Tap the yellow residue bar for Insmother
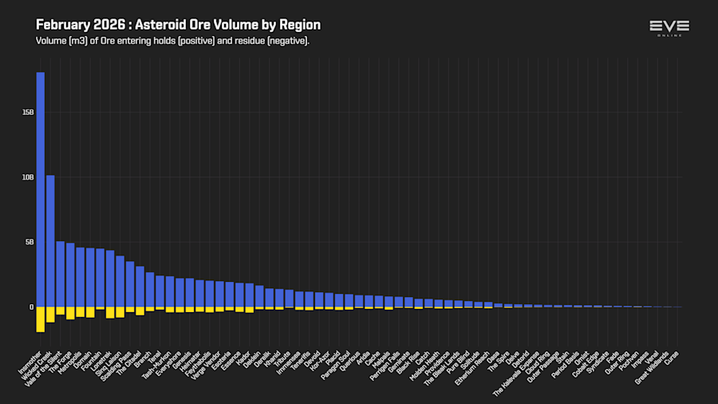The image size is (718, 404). tap(40, 319)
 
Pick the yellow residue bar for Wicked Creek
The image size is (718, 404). tap(50, 315)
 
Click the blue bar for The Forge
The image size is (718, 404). tap(70, 275)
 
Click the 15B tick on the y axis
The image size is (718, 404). tap(28, 113)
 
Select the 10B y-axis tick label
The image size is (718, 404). tap(28, 177)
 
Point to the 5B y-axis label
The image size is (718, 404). tap(30, 242)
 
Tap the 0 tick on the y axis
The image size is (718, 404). tap(32, 307)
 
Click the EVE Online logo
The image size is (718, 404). tap(669, 29)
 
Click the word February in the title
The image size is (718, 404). tap(65, 26)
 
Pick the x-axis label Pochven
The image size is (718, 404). tap(630, 362)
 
